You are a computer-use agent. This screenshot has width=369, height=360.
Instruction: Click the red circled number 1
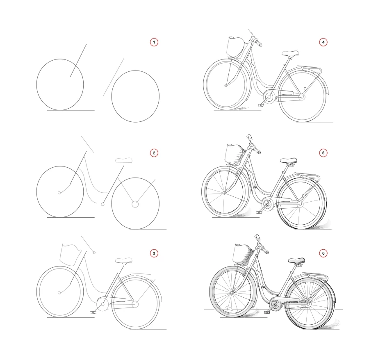point(154,42)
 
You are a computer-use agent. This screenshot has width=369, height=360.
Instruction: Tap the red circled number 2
point(154,153)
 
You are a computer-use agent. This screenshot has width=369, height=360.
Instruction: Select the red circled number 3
point(154,253)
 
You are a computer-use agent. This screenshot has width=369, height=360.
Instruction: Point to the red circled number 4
point(323,42)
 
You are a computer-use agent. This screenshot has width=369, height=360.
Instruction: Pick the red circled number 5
point(323,153)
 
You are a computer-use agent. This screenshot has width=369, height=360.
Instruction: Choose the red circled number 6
point(323,253)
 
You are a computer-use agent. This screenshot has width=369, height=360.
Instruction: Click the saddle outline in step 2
point(124,160)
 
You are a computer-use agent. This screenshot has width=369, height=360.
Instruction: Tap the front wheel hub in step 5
point(224,193)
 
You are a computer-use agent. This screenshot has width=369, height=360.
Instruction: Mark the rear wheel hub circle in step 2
point(135,204)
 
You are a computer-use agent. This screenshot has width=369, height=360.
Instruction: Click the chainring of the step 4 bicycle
point(269,97)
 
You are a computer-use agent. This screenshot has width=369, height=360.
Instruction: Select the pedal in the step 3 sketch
point(93,312)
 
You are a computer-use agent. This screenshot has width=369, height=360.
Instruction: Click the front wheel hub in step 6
point(232,293)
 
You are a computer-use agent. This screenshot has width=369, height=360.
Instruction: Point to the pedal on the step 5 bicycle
point(259,212)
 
